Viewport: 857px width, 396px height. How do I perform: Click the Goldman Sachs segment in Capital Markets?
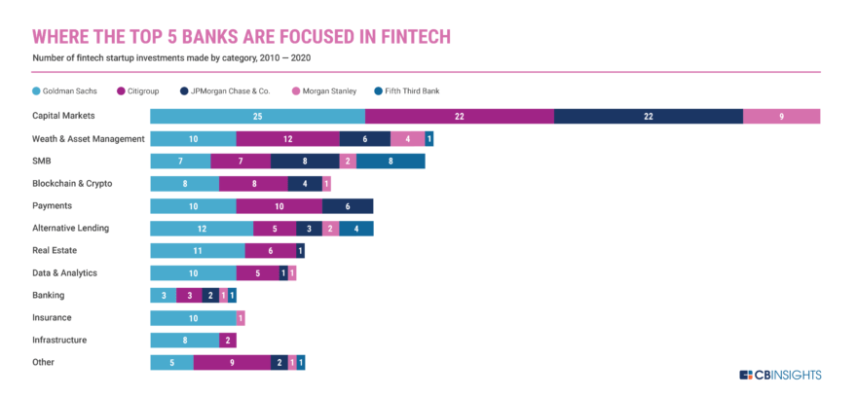(x=257, y=117)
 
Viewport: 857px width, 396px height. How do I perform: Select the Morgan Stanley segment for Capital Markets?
(x=781, y=117)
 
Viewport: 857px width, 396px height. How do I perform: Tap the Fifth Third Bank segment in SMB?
(x=391, y=162)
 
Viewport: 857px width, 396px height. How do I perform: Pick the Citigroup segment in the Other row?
(x=232, y=363)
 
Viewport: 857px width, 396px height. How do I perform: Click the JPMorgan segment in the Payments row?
(x=348, y=206)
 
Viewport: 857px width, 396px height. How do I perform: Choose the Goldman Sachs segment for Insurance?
(x=193, y=318)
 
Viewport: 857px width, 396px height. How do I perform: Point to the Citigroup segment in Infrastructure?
(x=228, y=341)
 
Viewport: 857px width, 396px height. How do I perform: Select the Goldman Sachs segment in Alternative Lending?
(x=202, y=229)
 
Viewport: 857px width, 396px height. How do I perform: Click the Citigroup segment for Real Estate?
(x=270, y=251)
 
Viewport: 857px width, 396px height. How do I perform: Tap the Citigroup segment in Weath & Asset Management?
(x=287, y=139)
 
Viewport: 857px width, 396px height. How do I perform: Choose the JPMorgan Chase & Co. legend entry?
(x=233, y=90)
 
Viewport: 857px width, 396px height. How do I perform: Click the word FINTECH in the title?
(x=400, y=37)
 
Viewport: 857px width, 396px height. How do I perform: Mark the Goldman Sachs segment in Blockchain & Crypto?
(x=184, y=184)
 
